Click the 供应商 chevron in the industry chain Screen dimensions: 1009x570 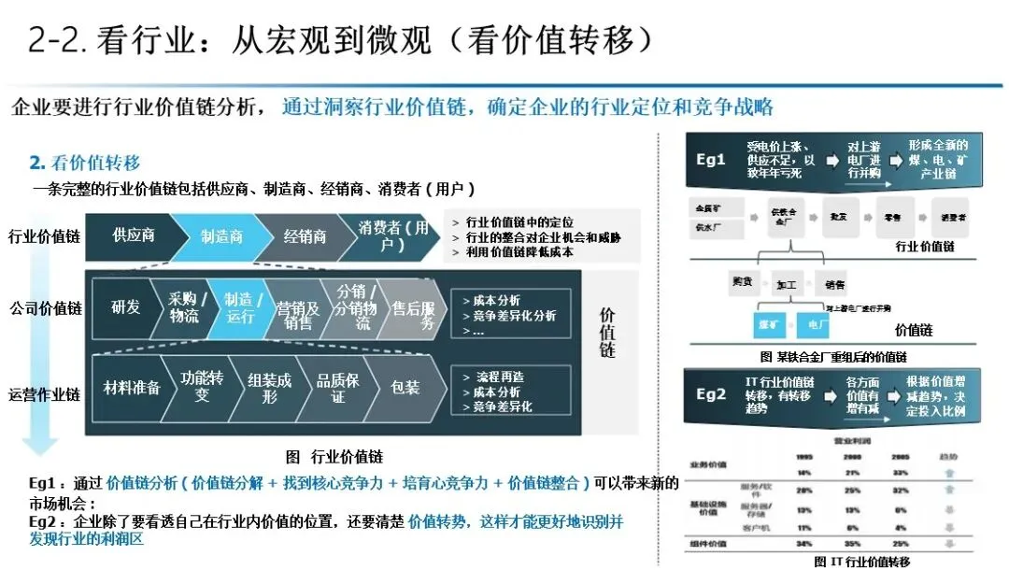[134, 236]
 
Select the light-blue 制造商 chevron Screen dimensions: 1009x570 [221, 236]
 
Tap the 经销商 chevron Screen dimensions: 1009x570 [306, 236]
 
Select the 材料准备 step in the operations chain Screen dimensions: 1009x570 [132, 388]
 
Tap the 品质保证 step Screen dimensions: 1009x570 [337, 388]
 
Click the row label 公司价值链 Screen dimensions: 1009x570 [46, 308]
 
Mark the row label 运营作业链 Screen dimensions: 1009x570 [46, 394]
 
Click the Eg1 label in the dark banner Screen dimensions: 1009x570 [711, 159]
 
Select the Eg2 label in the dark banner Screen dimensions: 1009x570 [711, 394]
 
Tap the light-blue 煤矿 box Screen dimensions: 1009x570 [771, 325]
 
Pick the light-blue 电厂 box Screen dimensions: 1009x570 [817, 325]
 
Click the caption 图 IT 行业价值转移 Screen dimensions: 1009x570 [860, 562]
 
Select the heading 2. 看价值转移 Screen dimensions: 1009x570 [85, 164]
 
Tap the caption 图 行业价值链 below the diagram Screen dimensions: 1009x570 [334, 457]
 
